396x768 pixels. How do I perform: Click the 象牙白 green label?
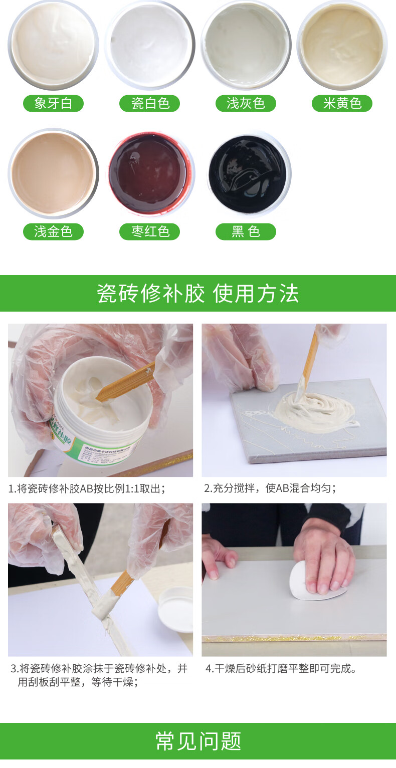point(53,104)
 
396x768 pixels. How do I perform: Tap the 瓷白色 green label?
point(149,104)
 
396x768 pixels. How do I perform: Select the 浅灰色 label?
point(246,104)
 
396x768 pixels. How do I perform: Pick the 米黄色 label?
point(342,104)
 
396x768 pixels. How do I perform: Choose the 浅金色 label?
point(53,231)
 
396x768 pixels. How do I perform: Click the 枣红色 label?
point(149,231)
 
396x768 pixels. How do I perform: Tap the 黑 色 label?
point(246,231)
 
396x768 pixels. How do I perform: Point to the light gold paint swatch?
point(53,173)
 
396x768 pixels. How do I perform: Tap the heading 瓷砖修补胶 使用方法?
point(198,294)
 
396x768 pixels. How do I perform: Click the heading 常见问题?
point(198,741)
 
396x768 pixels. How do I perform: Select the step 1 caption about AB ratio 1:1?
point(86,488)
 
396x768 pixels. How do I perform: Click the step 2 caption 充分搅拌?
point(270,488)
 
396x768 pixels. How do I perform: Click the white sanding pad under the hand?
point(313,582)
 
